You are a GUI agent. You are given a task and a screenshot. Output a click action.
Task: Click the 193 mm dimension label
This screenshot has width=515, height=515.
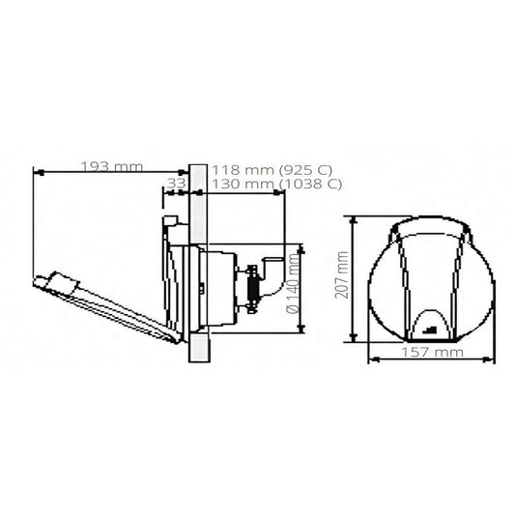[112, 167]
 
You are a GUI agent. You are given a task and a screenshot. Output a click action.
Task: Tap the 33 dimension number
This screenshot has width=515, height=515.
[176, 184]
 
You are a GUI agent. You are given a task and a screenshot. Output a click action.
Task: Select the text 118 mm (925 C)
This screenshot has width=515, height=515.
[272, 170]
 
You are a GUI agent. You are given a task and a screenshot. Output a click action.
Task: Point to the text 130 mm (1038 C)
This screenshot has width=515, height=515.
[276, 184]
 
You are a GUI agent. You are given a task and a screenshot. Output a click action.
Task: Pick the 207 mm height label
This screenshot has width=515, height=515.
[342, 274]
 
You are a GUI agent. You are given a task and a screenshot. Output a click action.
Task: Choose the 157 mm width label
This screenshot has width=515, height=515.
[432, 352]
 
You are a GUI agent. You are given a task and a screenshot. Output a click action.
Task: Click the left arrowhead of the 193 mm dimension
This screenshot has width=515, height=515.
[39, 172]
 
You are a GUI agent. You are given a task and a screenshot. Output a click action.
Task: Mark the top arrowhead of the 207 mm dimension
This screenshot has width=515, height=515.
[354, 221]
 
